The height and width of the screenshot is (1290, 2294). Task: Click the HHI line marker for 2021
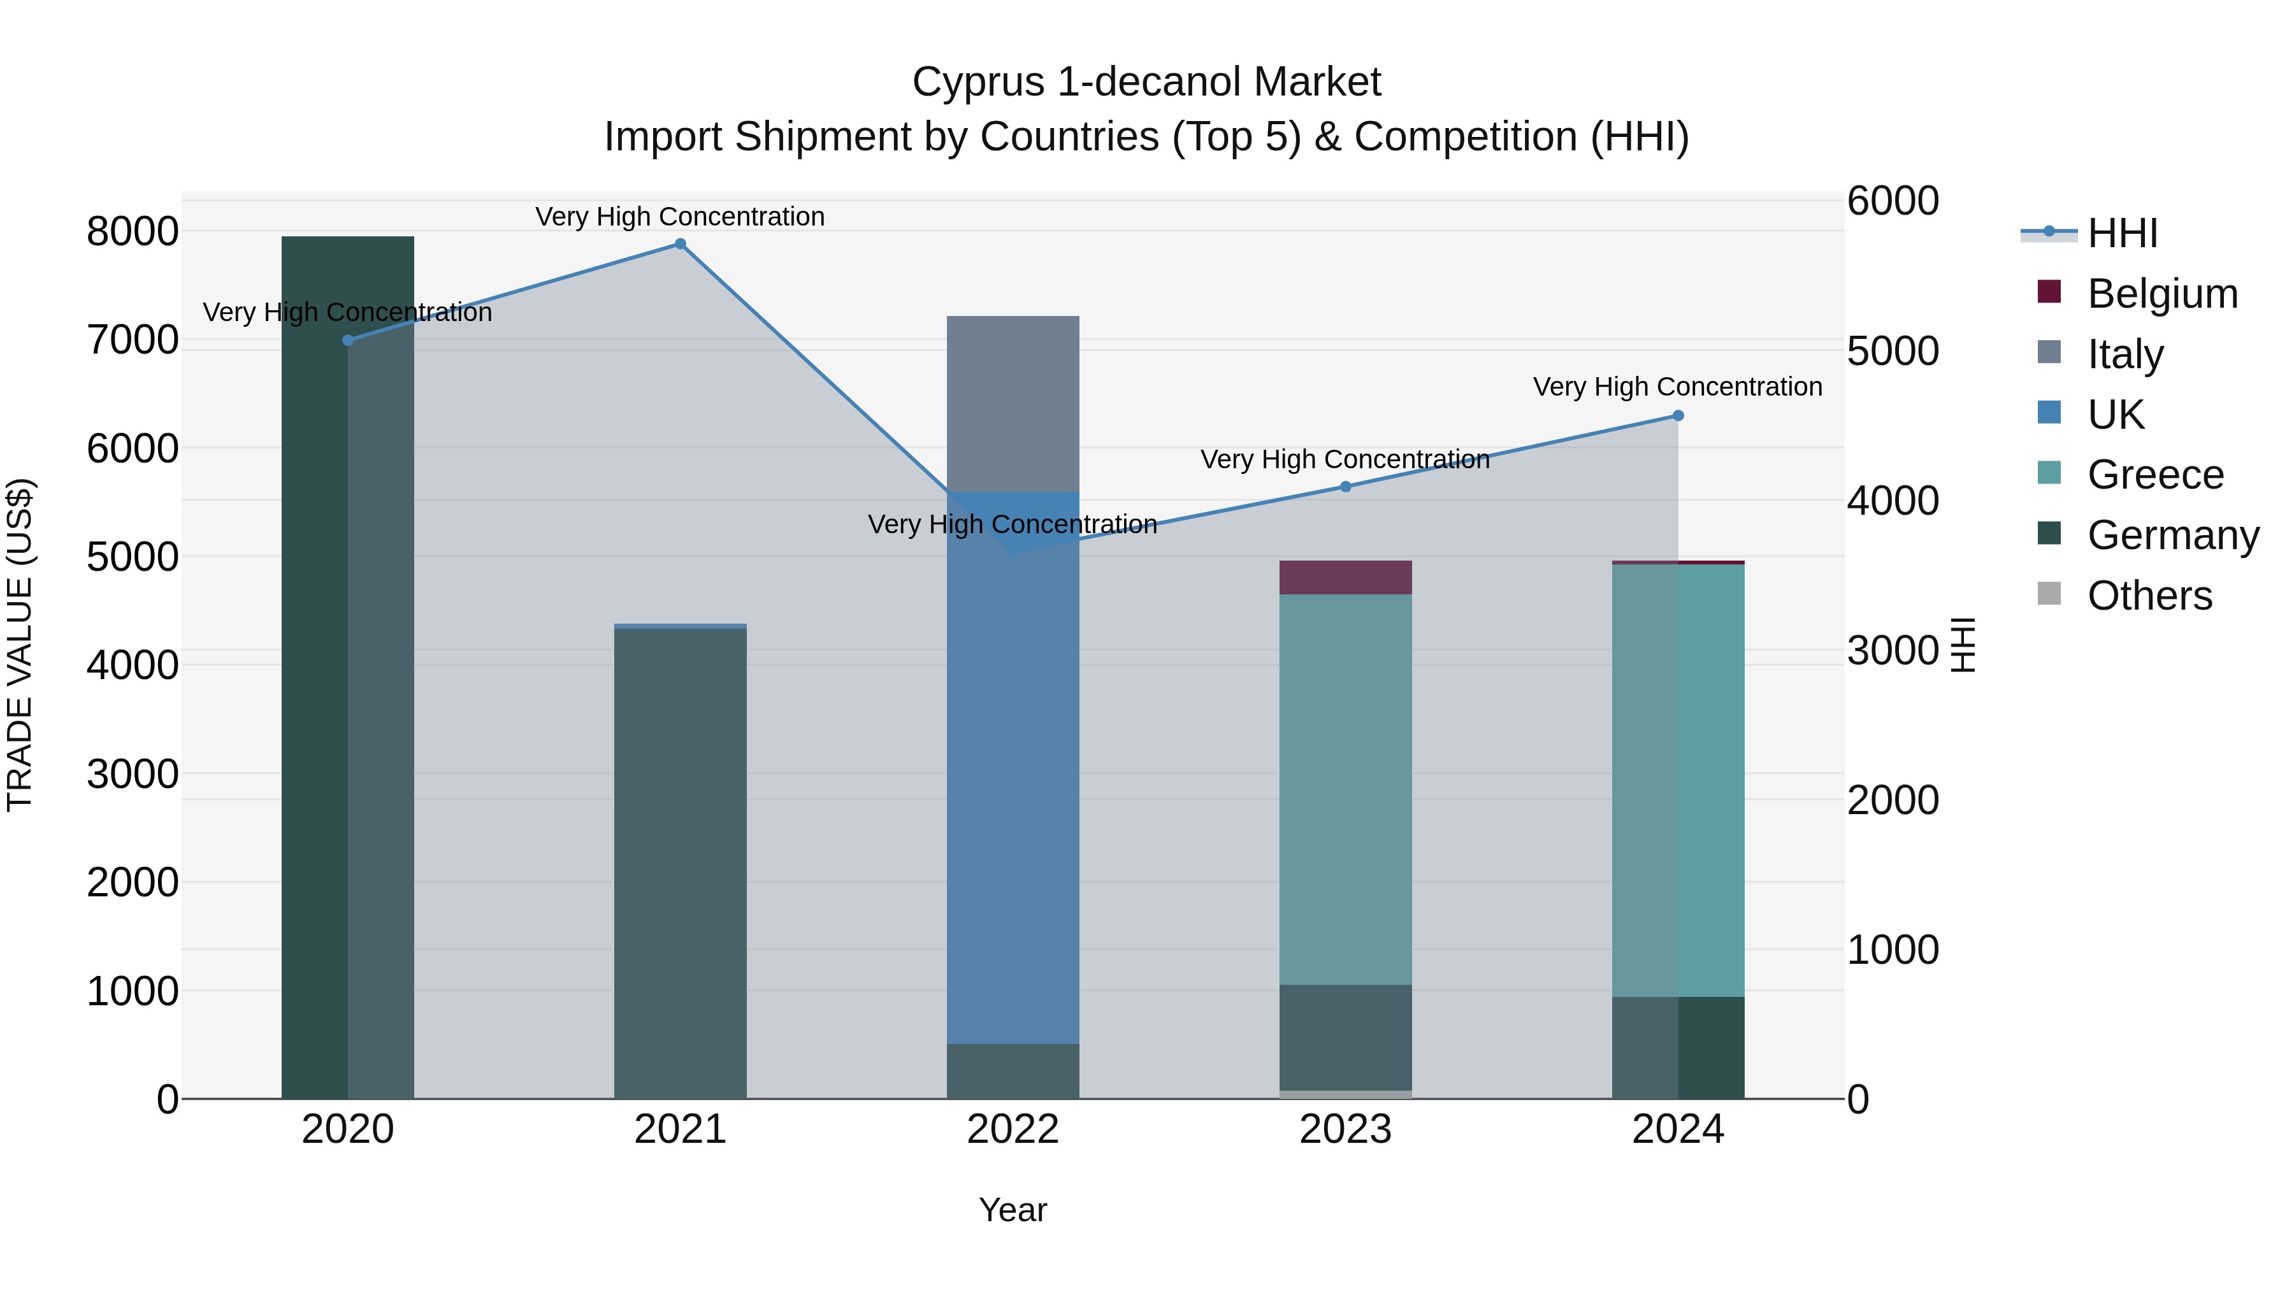(x=681, y=244)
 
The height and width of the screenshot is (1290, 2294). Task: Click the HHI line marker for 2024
(x=1678, y=416)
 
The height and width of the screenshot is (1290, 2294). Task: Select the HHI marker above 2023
(x=1346, y=487)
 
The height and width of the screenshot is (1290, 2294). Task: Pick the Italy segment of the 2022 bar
(x=1013, y=403)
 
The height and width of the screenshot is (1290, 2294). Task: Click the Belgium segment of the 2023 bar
(x=1346, y=578)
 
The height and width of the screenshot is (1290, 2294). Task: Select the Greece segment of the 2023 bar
(x=1346, y=789)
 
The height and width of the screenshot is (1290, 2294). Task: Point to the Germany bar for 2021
(x=681, y=864)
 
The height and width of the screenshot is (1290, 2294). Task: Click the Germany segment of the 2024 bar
(x=1678, y=1048)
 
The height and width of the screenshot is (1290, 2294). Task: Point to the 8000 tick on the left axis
(x=132, y=231)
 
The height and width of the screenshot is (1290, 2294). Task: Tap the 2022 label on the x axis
(x=1013, y=1129)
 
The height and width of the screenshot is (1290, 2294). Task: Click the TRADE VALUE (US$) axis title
(x=20, y=645)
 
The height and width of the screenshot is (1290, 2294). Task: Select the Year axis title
(x=1013, y=1210)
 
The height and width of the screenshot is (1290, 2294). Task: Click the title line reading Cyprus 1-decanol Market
(x=1146, y=82)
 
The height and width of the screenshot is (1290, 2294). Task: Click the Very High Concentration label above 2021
(x=681, y=217)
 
